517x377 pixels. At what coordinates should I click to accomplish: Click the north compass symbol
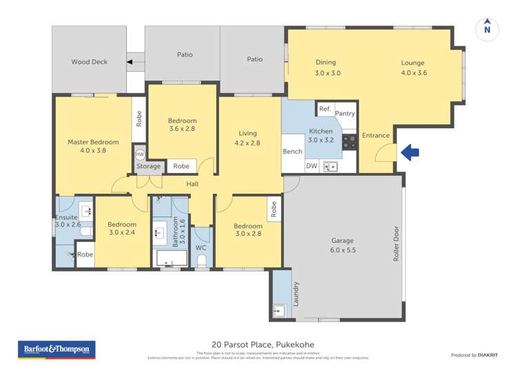pos(487,28)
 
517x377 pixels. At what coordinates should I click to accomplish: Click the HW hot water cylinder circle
pos(140,154)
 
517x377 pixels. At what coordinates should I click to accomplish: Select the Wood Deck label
pos(90,62)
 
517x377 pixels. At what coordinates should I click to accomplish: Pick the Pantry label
pos(345,114)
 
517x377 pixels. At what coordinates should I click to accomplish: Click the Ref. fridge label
pos(325,109)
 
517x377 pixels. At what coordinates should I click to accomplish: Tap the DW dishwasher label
pos(311,165)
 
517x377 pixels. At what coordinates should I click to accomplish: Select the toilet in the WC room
pos(202,260)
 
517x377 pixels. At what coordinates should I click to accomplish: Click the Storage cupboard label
pos(148,166)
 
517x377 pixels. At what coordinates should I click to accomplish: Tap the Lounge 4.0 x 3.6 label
pos(413,68)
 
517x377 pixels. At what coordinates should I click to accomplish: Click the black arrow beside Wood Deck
pos(131,62)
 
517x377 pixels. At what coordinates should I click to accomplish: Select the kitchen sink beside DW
pos(331,165)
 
